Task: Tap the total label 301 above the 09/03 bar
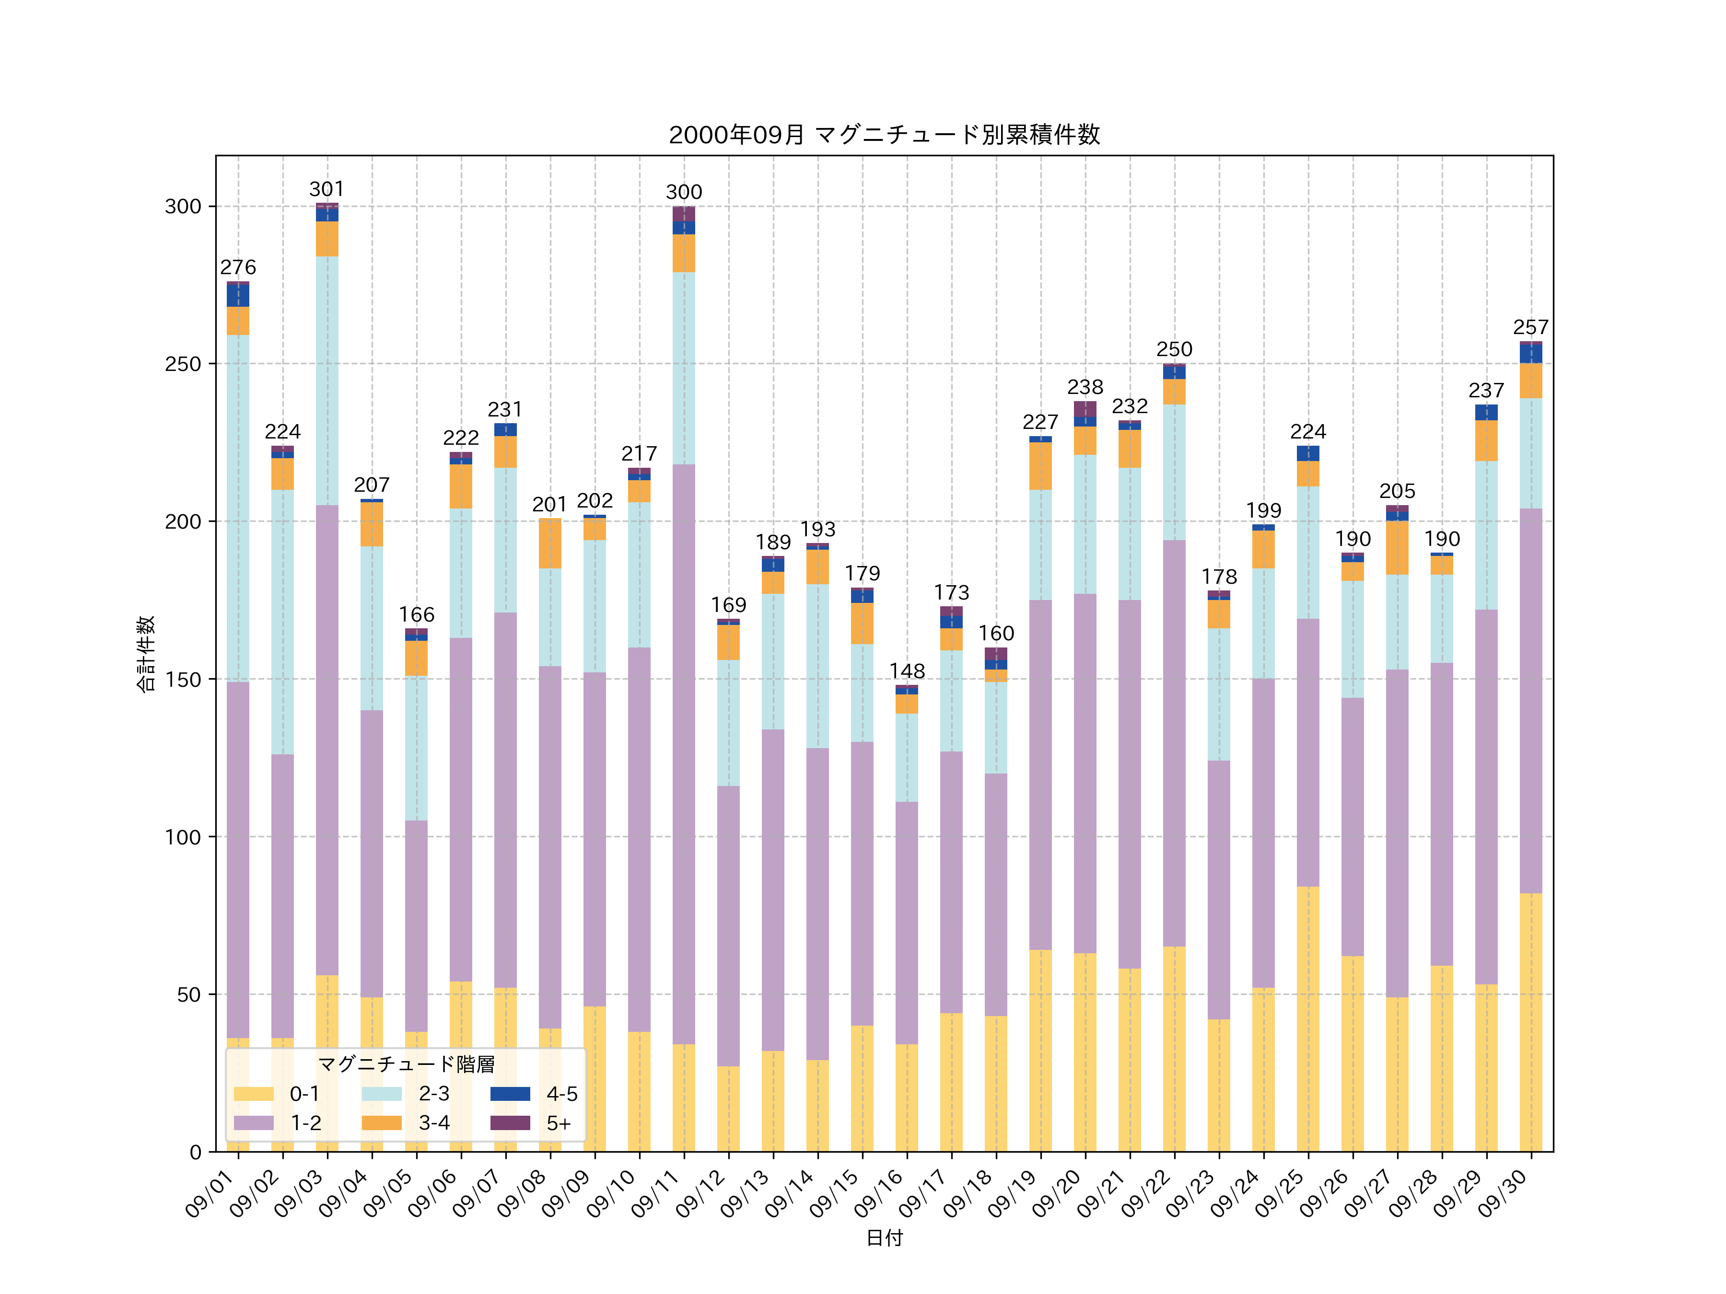pyautogui.click(x=327, y=189)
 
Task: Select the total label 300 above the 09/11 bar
pyautogui.click(x=684, y=193)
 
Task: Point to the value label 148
pyautogui.click(x=907, y=671)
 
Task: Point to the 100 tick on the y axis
pyautogui.click(x=183, y=837)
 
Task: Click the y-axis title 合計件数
pyautogui.click(x=146, y=654)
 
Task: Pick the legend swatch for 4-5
pyautogui.click(x=510, y=1094)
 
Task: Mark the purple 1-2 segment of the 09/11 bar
pyautogui.click(x=684, y=753)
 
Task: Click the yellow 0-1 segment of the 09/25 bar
pyautogui.click(x=1308, y=1018)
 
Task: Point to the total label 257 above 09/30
pyautogui.click(x=1530, y=328)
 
